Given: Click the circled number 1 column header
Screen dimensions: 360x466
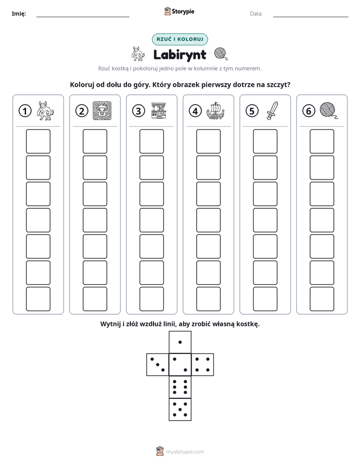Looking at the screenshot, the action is [25, 111].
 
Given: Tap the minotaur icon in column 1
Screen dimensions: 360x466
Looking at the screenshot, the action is [45, 110].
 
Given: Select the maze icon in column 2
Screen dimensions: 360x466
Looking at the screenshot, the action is [102, 110].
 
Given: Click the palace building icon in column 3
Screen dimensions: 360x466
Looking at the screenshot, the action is [159, 111].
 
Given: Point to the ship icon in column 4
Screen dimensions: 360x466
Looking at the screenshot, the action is [216, 111].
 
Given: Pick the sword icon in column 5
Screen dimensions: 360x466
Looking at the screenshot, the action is [272, 111].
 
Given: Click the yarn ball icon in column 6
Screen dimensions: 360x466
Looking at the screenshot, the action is [329, 110].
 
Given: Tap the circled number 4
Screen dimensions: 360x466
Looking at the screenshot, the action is [195, 111].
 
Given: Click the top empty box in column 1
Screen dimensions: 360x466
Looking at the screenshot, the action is [38, 141].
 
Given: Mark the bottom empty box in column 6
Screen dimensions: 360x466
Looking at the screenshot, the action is [322, 299].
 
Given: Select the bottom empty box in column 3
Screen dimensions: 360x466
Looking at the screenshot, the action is [151, 299].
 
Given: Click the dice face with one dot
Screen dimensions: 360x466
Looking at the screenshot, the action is [180, 342].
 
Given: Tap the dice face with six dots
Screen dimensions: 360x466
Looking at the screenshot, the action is [180, 387].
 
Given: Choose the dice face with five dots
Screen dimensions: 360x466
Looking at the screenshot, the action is [180, 409].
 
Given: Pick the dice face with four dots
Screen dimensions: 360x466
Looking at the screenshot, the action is [203, 364].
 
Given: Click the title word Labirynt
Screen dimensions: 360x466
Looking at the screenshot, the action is [179, 54].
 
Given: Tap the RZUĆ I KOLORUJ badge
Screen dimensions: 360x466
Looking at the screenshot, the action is [179, 39].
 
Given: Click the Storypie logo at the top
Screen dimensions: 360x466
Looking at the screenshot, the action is [179, 12].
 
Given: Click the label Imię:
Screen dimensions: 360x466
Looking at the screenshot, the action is [19, 14].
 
